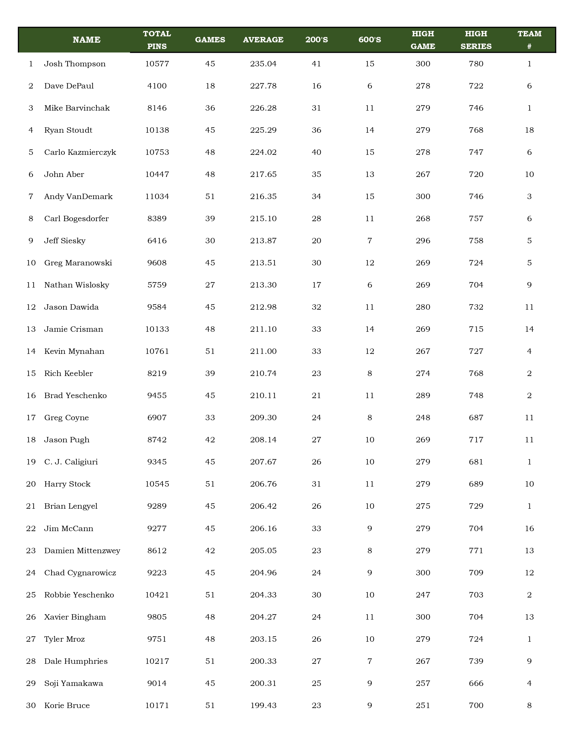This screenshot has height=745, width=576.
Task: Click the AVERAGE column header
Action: (x=263, y=40)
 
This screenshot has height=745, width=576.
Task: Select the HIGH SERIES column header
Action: (x=476, y=40)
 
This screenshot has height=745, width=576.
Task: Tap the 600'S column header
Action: (x=370, y=40)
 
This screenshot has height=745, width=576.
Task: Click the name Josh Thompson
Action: (x=75, y=64)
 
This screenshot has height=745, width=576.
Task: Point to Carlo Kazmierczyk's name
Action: (x=80, y=152)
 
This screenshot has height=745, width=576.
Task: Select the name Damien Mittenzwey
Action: (x=82, y=551)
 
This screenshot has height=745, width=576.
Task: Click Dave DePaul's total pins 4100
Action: (x=157, y=86)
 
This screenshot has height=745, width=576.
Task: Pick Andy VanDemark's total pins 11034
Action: (x=157, y=197)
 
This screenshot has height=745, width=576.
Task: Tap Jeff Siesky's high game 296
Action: (x=423, y=241)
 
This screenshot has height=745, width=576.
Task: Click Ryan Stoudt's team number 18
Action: (x=529, y=130)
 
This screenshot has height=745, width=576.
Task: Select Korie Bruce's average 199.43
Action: (x=263, y=706)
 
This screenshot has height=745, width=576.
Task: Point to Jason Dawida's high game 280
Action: (x=423, y=307)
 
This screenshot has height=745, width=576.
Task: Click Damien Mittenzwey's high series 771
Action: (x=476, y=551)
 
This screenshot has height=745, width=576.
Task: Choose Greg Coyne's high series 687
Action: (x=476, y=418)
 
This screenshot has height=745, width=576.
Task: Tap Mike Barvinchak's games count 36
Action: (x=210, y=108)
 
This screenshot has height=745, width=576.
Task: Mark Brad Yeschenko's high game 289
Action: (x=423, y=396)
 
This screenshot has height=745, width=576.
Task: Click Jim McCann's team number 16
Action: (x=529, y=528)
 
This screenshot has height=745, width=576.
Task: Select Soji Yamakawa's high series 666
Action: (x=476, y=683)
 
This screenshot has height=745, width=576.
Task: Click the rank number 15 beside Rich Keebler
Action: (x=31, y=373)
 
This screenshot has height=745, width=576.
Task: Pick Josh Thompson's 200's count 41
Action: (x=316, y=64)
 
